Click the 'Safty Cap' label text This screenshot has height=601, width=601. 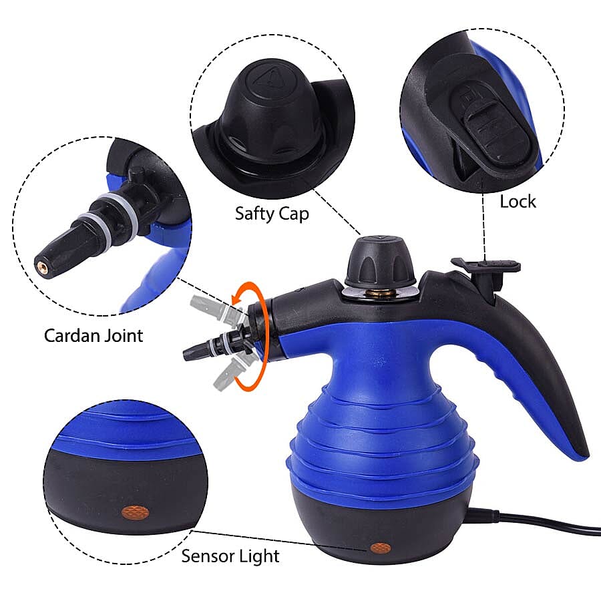click(272, 214)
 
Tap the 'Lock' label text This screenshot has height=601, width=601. click(518, 201)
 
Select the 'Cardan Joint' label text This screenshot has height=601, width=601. click(93, 335)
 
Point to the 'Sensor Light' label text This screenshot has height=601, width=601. click(230, 556)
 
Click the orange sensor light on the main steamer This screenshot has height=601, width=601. click(381, 548)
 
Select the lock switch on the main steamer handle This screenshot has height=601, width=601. click(485, 266)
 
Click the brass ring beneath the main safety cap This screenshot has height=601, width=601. click(379, 292)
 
